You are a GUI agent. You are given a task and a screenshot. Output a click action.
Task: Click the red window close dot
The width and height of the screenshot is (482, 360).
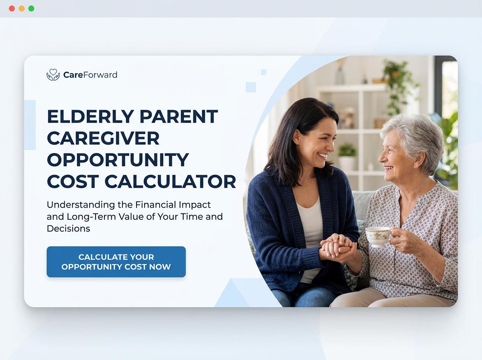[x=12, y=8]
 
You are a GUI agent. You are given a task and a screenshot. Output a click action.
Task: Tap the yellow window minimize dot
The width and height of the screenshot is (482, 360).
[x=22, y=8]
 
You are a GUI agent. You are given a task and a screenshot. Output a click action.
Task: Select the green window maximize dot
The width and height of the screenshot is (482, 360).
[x=31, y=8]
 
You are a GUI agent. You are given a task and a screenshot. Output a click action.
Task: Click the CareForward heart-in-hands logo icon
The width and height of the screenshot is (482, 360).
[x=53, y=75]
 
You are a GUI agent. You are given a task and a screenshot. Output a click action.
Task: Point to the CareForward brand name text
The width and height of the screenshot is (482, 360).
[x=90, y=75]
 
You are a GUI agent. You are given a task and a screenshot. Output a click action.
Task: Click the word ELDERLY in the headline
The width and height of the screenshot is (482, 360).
[x=90, y=117]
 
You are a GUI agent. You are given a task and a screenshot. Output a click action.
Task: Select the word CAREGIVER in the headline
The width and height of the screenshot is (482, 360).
[x=103, y=138]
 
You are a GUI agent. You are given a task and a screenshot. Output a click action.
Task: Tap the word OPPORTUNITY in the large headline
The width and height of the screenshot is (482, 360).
[x=118, y=160]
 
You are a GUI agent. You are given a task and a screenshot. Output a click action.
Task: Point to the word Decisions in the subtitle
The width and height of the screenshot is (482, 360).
[x=68, y=228]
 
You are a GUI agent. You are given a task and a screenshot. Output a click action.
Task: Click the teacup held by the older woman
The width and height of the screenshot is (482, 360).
[x=377, y=236]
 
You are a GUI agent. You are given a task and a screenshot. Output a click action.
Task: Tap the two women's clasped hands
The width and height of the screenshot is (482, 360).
[x=337, y=246]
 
